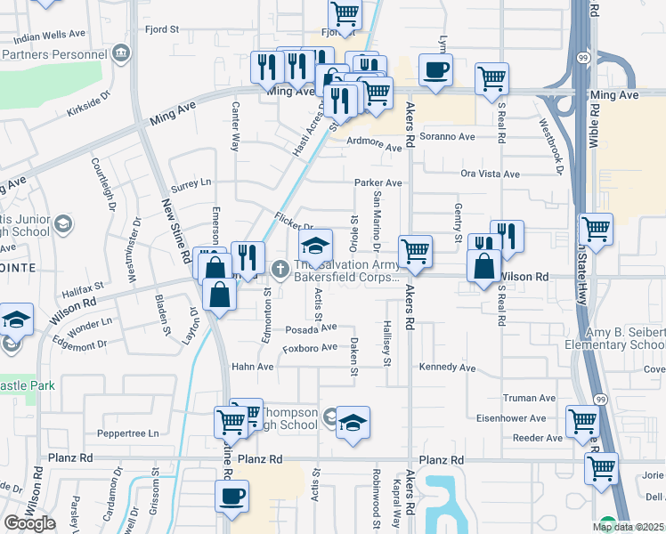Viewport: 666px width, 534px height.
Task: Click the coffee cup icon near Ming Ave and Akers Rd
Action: coord(435,70)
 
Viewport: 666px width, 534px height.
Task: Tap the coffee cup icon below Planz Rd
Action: coord(232,496)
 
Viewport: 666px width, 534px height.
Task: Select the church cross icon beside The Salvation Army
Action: coord(280,267)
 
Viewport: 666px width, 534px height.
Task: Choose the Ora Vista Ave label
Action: coord(490,174)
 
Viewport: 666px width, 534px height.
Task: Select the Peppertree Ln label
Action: coord(127,433)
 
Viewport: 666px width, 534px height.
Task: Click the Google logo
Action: coord(29,522)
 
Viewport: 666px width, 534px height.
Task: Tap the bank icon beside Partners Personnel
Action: coord(121,54)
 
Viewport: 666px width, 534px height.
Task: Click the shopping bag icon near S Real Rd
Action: coord(483,267)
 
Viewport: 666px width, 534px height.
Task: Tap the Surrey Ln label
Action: coord(191,182)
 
